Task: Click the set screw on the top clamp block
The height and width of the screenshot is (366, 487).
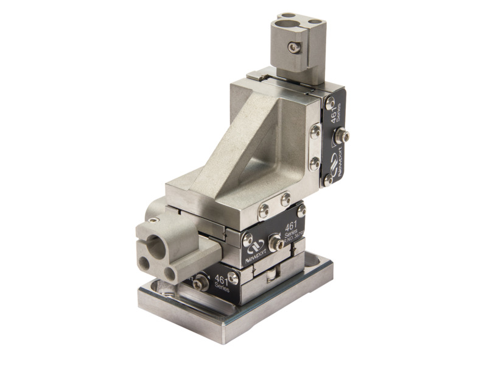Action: point(294,48)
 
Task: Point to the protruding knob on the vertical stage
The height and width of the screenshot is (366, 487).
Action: point(345,135)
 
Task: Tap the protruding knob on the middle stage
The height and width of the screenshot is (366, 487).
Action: point(276,243)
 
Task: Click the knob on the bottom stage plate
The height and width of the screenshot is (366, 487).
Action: point(201,282)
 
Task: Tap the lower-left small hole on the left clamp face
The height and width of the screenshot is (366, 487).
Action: point(145,264)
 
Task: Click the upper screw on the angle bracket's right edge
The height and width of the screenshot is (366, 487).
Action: point(315,131)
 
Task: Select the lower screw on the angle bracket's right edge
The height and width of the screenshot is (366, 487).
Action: point(314,163)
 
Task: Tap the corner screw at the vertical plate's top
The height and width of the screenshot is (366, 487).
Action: point(331,103)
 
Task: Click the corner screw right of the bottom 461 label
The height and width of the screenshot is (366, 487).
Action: point(233,278)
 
